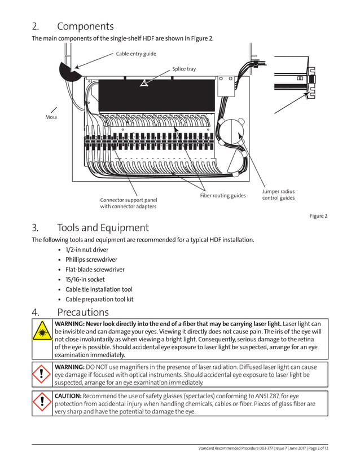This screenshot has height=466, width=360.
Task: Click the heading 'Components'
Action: pos(85,26)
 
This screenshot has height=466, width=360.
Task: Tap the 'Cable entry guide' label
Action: pos(136,54)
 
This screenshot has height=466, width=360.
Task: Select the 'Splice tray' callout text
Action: pos(184,69)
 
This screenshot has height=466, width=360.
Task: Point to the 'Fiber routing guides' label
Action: pos(223,196)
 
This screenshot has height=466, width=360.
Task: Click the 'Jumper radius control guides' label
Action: pos(278,195)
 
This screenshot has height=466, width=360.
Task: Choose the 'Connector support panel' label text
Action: pos(129,200)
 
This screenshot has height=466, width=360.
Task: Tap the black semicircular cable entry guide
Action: pos(69,71)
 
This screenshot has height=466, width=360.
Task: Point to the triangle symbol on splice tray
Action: pos(144,83)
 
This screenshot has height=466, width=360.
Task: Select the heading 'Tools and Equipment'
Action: pos(103,227)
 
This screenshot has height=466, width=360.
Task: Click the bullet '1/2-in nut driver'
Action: pos(87,249)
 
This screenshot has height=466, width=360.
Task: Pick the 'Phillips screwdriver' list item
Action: pos(91,260)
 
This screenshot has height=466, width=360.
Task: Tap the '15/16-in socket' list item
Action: pos(85,279)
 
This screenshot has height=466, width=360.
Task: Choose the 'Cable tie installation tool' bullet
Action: pos(99,289)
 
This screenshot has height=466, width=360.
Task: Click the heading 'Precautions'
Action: pos(82,312)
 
